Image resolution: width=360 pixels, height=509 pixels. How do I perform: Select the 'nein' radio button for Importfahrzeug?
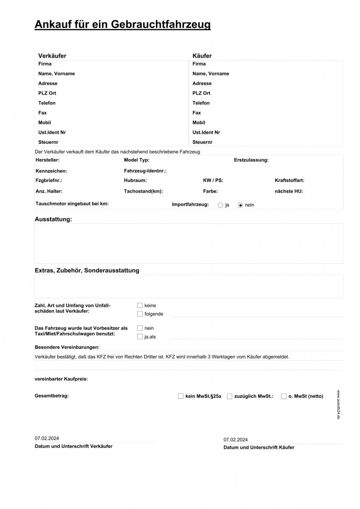tap(240, 205)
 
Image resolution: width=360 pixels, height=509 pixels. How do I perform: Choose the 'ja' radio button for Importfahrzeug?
tap(220, 205)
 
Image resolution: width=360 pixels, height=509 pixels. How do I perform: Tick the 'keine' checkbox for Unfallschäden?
tap(140, 305)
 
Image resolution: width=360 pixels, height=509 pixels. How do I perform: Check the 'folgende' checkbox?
tap(140, 314)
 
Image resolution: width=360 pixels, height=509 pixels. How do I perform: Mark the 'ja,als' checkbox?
tap(140, 337)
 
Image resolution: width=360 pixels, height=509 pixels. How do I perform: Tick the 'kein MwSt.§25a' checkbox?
tap(181, 396)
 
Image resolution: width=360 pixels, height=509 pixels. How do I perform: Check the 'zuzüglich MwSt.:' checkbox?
tap(230, 396)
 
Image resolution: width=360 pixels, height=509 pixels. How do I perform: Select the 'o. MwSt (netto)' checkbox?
tap(284, 396)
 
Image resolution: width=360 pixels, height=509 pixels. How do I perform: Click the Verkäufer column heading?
tap(52, 56)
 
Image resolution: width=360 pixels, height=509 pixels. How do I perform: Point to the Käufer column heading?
tap(202, 56)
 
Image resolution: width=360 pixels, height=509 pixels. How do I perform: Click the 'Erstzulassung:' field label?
tap(251, 160)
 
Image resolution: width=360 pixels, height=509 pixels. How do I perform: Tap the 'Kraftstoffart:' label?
tap(289, 181)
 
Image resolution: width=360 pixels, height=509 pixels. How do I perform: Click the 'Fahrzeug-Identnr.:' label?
tap(145, 171)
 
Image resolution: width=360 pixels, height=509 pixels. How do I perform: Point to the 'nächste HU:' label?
tap(289, 191)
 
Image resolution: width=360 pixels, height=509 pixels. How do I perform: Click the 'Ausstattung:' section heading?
tap(53, 219)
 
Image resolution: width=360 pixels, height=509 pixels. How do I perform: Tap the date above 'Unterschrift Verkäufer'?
tap(47, 439)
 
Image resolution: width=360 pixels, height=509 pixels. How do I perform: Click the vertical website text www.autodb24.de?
tap(338, 405)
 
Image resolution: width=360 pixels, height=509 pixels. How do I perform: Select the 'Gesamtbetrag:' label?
tap(51, 396)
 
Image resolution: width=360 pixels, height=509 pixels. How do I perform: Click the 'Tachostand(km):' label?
tap(143, 191)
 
